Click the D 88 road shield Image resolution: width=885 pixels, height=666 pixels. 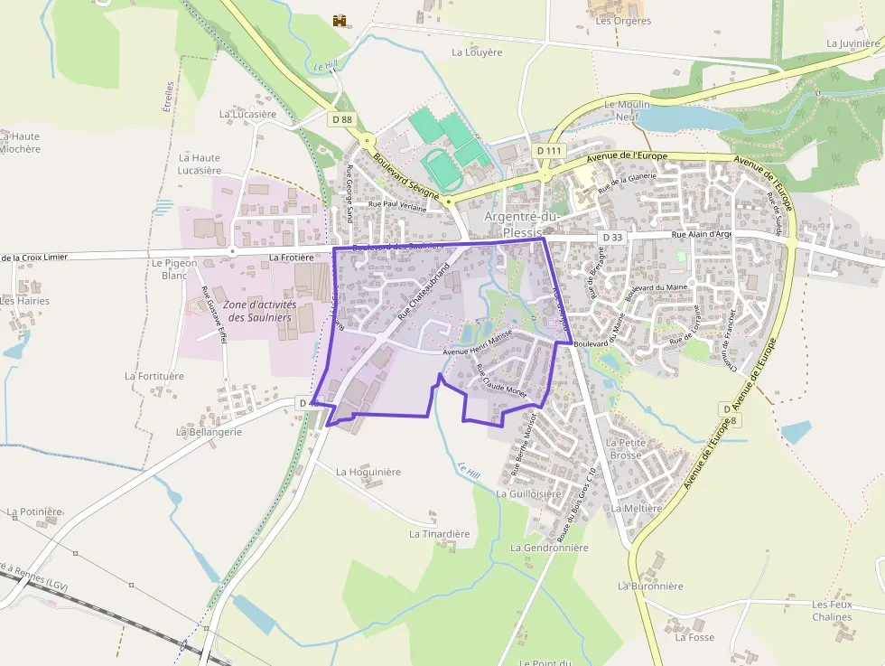pyautogui.click(x=341, y=119)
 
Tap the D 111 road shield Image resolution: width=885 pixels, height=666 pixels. pyautogui.click(x=548, y=150)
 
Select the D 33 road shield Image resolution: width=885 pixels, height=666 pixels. pyautogui.click(x=612, y=238)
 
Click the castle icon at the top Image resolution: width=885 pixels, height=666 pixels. pyautogui.click(x=340, y=20)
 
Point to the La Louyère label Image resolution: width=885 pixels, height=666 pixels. pyautogui.click(x=477, y=52)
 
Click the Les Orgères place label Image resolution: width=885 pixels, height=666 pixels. pyautogui.click(x=623, y=21)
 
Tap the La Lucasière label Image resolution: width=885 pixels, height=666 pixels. pyautogui.click(x=247, y=115)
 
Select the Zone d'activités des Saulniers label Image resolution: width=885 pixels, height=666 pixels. pyautogui.click(x=262, y=311)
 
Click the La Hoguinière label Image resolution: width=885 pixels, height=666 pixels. pyautogui.click(x=368, y=472)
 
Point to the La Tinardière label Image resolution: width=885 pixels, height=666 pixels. pyautogui.click(x=440, y=534)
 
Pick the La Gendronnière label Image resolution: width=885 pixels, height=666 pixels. pyautogui.click(x=549, y=548)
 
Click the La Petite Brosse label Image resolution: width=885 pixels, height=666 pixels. pyautogui.click(x=625, y=448)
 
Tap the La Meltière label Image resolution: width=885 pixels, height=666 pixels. pyautogui.click(x=637, y=509)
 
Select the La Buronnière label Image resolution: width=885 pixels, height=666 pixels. pyautogui.click(x=650, y=586)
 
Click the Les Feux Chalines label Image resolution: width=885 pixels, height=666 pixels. pyautogui.click(x=832, y=611)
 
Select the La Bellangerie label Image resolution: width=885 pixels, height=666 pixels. pyautogui.click(x=210, y=432)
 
